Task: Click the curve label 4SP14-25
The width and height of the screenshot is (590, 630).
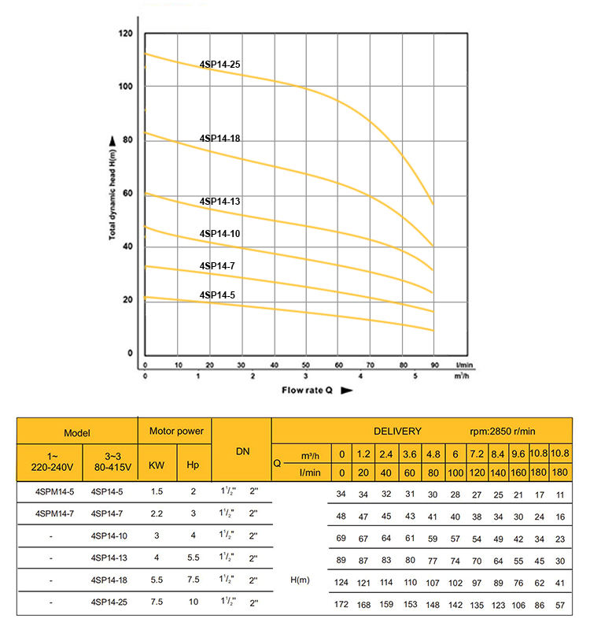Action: (x=219, y=65)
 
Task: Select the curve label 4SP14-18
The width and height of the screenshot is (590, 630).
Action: (x=219, y=138)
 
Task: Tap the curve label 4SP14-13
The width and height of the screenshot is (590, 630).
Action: (x=219, y=202)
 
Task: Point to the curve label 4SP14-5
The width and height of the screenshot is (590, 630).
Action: (x=217, y=295)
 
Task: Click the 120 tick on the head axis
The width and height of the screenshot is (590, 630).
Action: (x=125, y=34)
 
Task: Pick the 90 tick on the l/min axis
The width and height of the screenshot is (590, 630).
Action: (x=434, y=365)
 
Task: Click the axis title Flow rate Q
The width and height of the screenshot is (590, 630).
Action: (x=309, y=390)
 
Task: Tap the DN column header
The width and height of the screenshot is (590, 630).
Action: (x=242, y=452)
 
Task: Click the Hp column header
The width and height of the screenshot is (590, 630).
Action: (x=192, y=465)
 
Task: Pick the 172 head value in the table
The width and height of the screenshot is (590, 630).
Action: (x=341, y=605)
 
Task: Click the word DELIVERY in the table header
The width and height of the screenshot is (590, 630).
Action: (x=397, y=432)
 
